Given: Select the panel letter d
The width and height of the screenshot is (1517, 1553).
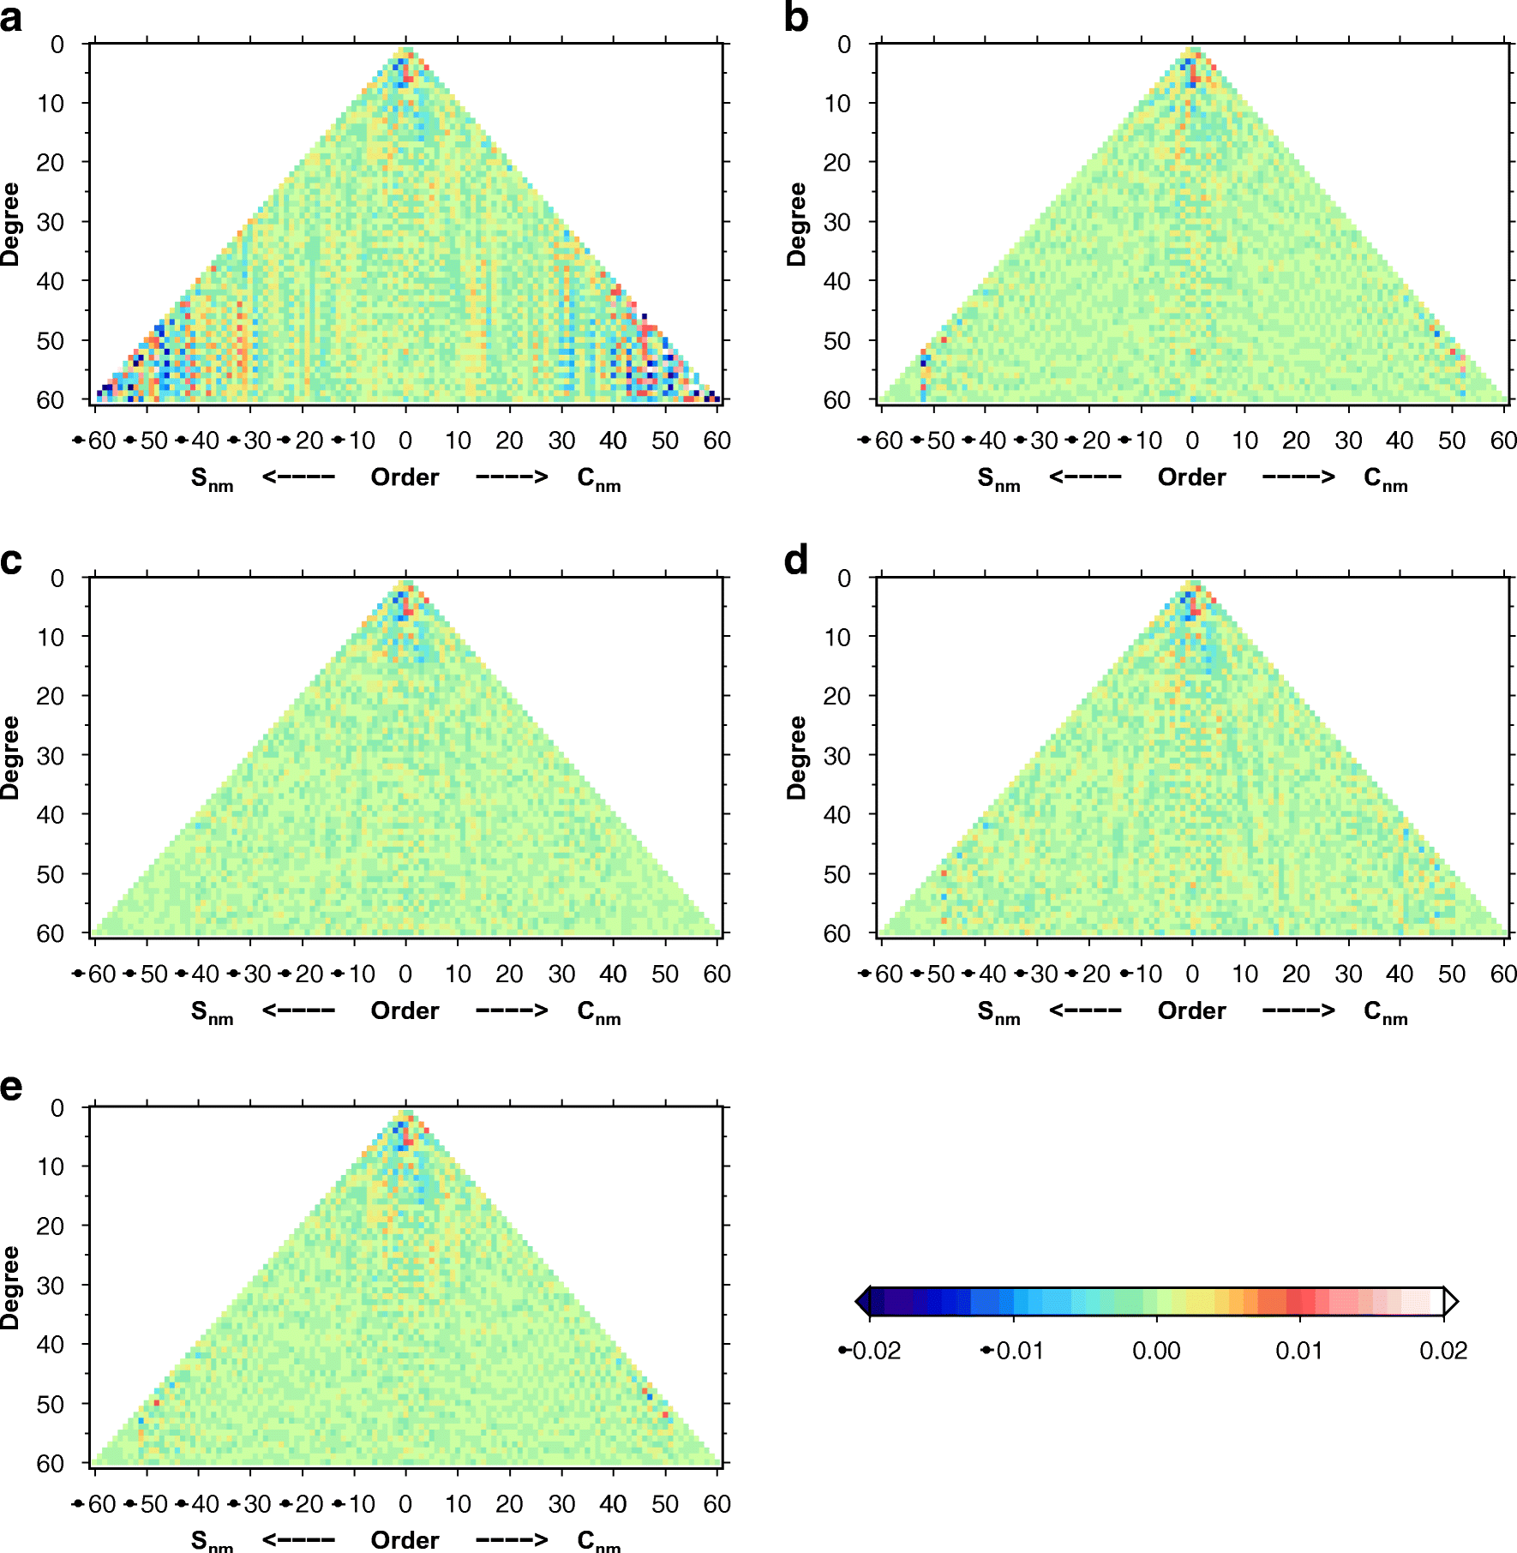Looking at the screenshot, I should click(796, 561).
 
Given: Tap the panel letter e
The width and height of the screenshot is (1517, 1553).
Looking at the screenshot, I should click(11, 1088).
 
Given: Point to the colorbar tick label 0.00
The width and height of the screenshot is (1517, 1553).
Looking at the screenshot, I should click(1156, 1352).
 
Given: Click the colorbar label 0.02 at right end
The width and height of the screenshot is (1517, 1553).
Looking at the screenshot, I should click(1443, 1352).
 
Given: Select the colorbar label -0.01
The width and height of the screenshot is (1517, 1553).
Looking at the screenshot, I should click(1012, 1352).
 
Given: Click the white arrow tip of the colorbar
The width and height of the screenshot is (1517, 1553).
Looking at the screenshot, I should click(1451, 1302).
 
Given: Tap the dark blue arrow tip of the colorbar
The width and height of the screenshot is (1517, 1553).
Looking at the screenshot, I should click(863, 1302).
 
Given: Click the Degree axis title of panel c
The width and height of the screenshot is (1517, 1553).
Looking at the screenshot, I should click(10, 758).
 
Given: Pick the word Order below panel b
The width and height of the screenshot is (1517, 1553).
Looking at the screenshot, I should click(1191, 477).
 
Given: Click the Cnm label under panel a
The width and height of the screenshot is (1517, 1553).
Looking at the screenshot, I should click(598, 479).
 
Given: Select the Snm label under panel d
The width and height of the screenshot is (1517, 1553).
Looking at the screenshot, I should click(998, 1013).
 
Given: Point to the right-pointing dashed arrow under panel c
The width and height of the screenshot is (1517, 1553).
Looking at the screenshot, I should click(512, 1010).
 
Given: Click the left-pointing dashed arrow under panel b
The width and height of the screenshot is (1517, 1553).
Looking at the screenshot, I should click(1085, 477).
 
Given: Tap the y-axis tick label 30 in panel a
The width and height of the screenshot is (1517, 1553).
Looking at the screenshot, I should click(50, 222).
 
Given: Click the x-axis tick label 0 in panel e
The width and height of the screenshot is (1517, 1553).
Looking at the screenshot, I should click(405, 1504).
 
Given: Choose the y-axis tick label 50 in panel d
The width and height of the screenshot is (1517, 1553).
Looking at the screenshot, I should click(836, 874).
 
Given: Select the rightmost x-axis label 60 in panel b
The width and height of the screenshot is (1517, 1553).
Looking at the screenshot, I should click(1503, 441).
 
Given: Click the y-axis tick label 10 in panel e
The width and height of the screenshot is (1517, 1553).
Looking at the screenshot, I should click(50, 1166).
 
